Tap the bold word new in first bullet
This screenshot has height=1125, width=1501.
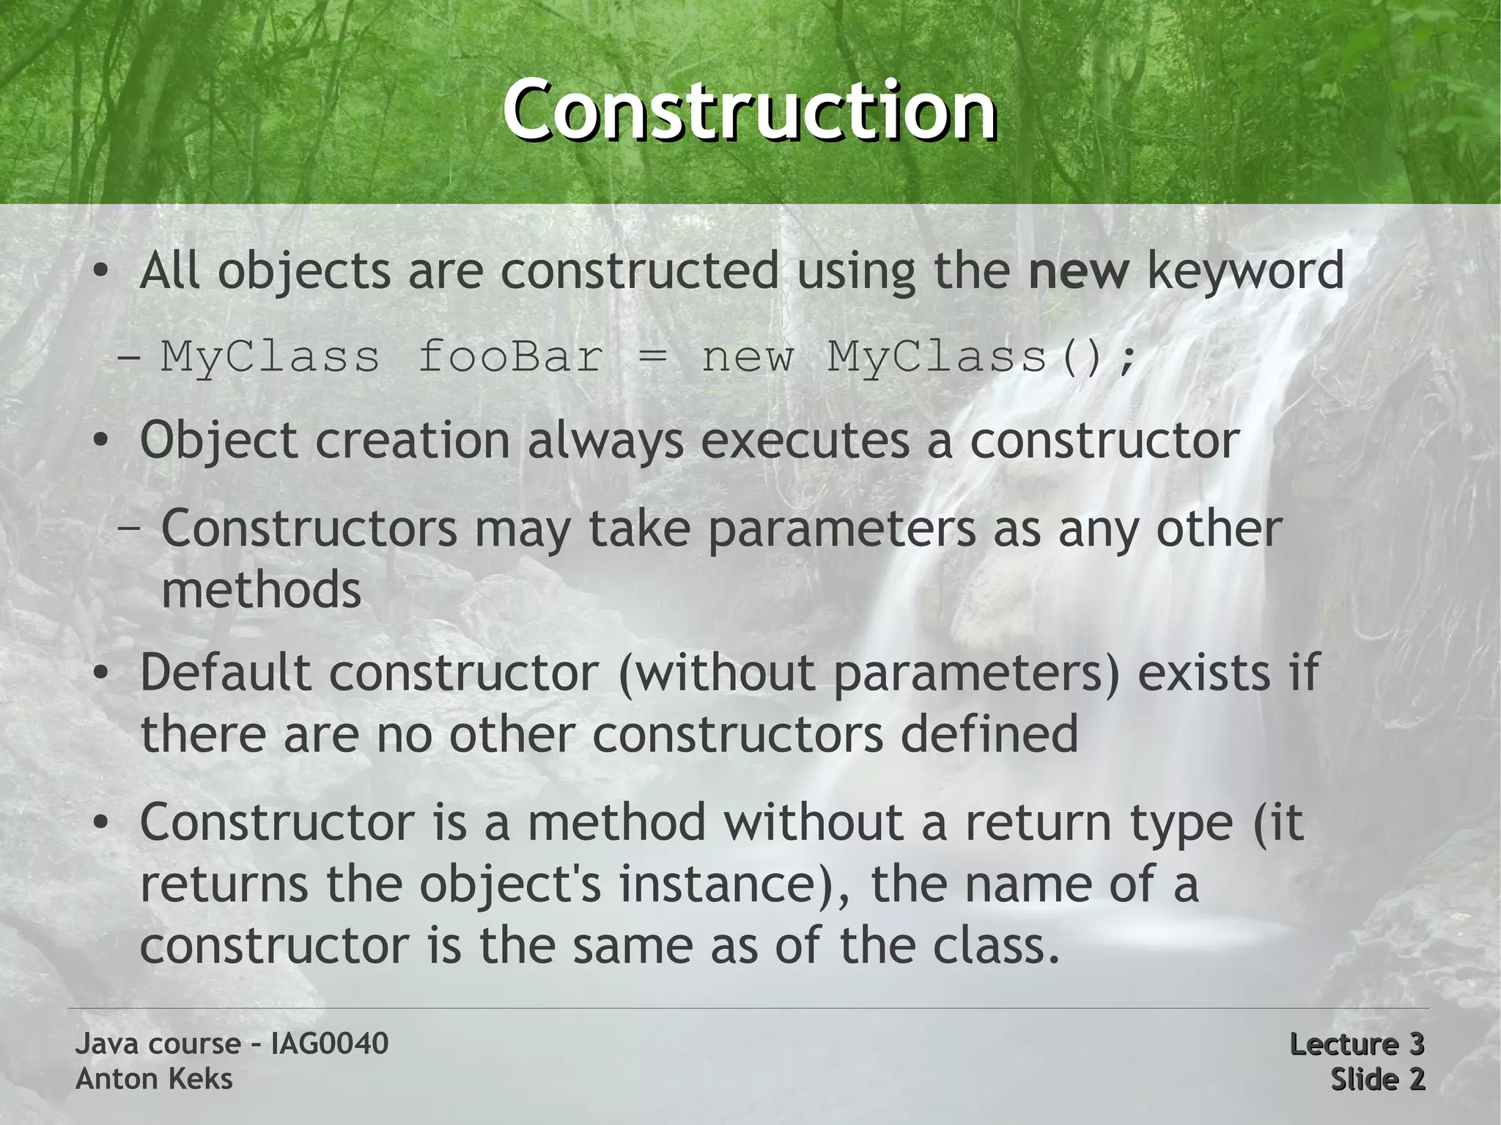[x=1078, y=271]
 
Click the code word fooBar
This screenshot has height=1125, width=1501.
[x=510, y=358]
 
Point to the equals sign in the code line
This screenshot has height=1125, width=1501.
[x=652, y=358]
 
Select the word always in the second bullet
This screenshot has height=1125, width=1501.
[x=605, y=442]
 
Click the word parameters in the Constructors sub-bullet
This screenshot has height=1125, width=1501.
[x=841, y=530]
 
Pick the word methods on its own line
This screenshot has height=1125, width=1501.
[x=262, y=590]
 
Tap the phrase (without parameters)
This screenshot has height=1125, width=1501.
[x=869, y=673]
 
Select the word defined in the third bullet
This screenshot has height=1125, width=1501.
[x=989, y=734]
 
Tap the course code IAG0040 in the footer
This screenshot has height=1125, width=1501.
[x=329, y=1044]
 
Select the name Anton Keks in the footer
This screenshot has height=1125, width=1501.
[x=154, y=1079]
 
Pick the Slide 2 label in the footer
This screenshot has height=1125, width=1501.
[x=1377, y=1079]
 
